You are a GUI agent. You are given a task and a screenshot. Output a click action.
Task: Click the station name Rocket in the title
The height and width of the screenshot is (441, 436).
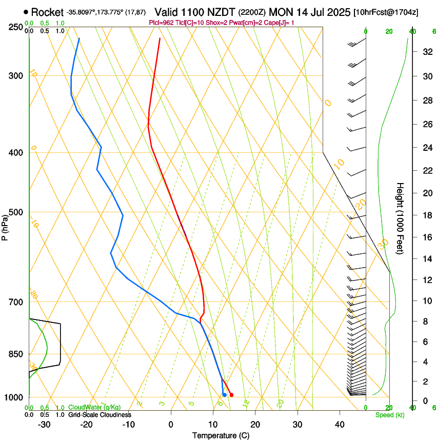tap(47, 12)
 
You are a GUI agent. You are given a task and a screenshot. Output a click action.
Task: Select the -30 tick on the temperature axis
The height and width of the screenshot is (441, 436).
tap(44, 425)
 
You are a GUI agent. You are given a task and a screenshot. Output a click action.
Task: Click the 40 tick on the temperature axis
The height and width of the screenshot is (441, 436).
tap(340, 425)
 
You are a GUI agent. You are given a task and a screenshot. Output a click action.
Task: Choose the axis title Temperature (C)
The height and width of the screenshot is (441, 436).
tap(221, 435)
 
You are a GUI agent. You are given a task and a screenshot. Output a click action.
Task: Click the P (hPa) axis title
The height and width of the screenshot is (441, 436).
tap(5, 226)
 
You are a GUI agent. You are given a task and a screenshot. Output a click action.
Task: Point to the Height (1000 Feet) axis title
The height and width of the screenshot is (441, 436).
tap(401, 218)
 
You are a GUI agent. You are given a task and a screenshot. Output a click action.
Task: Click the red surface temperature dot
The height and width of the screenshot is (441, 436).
tap(232, 395)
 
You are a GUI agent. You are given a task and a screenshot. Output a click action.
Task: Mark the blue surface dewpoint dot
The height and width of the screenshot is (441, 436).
tap(225, 394)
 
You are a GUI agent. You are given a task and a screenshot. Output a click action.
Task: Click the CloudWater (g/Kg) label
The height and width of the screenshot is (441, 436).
tap(94, 407)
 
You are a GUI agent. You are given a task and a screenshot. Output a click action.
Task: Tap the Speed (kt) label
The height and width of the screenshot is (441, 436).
tap(389, 414)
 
